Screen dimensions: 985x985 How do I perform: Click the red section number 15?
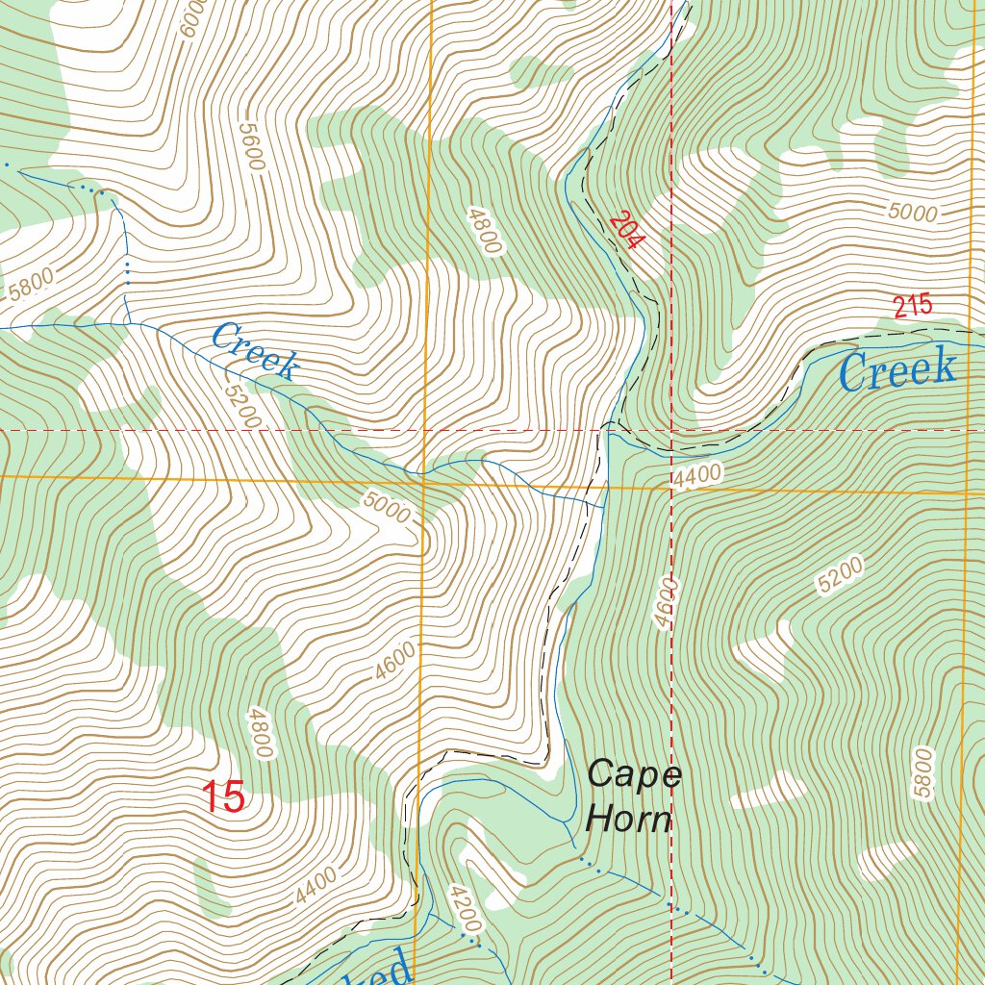[223, 796]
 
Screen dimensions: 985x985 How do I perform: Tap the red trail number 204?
[623, 230]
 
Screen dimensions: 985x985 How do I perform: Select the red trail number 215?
[912, 307]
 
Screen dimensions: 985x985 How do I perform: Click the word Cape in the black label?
[634, 774]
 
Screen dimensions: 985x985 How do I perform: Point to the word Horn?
[628, 821]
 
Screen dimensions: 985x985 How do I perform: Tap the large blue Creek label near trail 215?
[897, 370]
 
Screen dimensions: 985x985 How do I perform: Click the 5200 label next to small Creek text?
[240, 404]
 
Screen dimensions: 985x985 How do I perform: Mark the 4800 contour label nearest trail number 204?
[484, 230]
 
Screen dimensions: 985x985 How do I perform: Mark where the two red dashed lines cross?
[670, 430]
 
